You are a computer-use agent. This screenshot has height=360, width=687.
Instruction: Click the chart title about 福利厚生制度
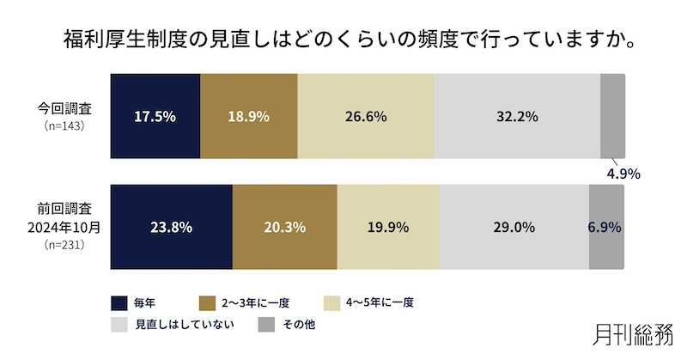343,40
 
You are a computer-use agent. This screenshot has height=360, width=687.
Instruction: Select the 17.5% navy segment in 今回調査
155,116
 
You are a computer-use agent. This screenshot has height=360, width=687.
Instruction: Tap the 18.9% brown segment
249,116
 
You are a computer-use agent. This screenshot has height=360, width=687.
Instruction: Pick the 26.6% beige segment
366,116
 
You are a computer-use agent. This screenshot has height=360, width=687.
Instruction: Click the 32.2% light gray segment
517,116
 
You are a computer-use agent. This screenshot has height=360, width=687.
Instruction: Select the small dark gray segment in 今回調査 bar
612,116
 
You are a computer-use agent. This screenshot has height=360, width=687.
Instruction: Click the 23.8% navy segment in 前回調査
172,228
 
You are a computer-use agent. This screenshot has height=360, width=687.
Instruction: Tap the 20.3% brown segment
284,228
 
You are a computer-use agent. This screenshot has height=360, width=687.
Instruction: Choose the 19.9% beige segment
388,228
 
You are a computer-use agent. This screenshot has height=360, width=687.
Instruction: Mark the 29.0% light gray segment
514,228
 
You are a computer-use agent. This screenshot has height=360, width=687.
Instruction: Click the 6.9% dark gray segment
606,228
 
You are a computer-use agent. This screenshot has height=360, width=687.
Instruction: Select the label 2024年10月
68,228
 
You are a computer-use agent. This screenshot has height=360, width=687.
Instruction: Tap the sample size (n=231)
68,246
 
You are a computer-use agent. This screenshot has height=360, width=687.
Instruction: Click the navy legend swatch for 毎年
120,302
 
